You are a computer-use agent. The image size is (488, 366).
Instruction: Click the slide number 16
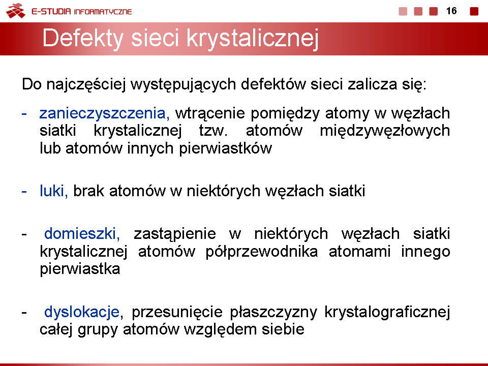click(451, 11)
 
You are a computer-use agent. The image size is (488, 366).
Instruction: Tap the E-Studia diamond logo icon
click(16, 11)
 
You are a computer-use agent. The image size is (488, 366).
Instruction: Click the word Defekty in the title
click(83, 39)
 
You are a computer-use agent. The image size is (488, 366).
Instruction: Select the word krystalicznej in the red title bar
click(253, 39)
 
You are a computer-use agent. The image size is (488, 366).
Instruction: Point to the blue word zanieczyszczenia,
click(105, 113)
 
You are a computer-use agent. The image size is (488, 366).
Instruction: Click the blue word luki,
click(53, 191)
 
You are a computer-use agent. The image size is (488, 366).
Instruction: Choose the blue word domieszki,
click(82, 233)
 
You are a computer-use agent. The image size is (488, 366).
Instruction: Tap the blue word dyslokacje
click(82, 312)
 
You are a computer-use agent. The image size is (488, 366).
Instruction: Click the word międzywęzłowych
click(385, 131)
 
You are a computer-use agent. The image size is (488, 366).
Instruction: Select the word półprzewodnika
click(262, 252)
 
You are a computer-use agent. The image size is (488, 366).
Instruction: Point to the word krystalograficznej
click(387, 312)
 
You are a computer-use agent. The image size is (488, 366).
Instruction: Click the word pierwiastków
click(225, 148)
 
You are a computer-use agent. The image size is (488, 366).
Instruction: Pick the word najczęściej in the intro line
click(86, 84)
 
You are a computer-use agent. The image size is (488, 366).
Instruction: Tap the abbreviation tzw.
click(213, 131)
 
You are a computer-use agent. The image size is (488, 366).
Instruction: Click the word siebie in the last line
click(283, 329)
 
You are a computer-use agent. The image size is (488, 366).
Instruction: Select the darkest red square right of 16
click(474, 11)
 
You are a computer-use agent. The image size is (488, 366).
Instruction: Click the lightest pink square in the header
click(403, 11)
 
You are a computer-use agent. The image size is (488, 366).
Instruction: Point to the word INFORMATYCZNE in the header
click(103, 12)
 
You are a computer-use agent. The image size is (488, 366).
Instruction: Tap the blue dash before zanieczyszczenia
click(24, 114)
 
